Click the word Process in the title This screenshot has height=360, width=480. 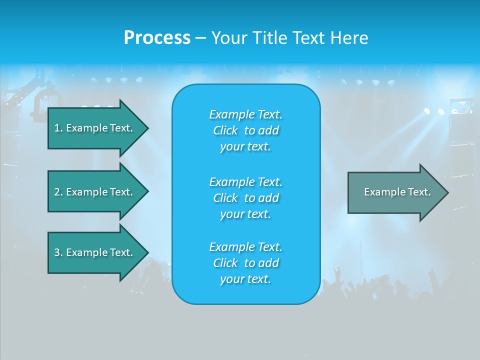pos(157,38)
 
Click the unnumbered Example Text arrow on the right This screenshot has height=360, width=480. pos(397,192)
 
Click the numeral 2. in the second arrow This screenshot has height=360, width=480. pos(58,192)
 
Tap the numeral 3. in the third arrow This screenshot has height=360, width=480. pos(58,252)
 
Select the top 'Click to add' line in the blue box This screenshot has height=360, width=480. pos(245,130)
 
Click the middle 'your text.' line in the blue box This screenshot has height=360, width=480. pos(245,214)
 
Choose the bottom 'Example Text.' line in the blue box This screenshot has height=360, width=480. pos(245,247)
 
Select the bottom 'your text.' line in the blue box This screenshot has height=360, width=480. pos(245,279)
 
